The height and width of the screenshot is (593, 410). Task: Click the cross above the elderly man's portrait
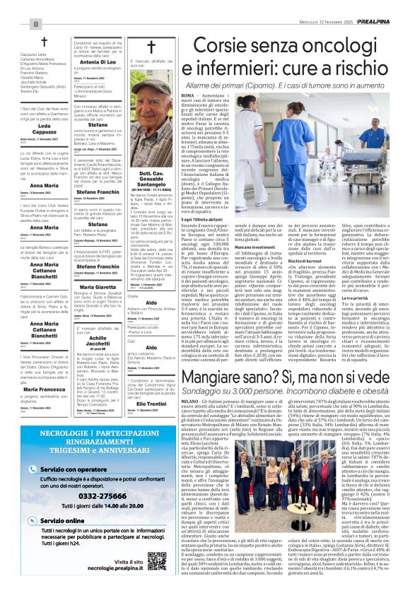pos(151,47)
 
